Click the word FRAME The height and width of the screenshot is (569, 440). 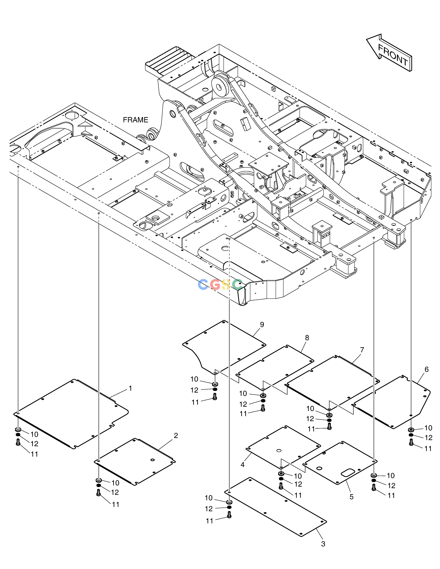point(136,120)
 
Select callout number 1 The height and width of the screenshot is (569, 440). point(130,388)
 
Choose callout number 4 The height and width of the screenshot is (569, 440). point(242,465)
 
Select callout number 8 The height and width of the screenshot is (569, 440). point(307,338)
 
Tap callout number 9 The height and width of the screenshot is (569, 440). point(262,325)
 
